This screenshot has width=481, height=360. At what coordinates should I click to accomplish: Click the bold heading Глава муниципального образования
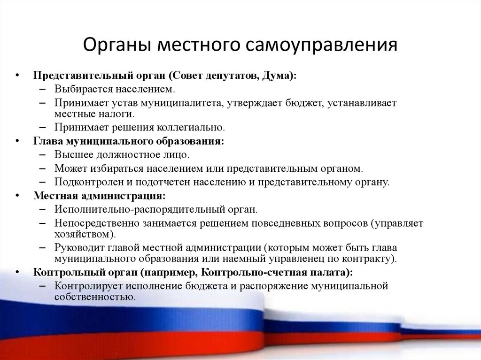click(129, 141)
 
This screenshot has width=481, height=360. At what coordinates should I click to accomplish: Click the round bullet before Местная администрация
click(17, 195)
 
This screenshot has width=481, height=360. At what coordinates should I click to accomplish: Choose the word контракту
click(371, 259)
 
